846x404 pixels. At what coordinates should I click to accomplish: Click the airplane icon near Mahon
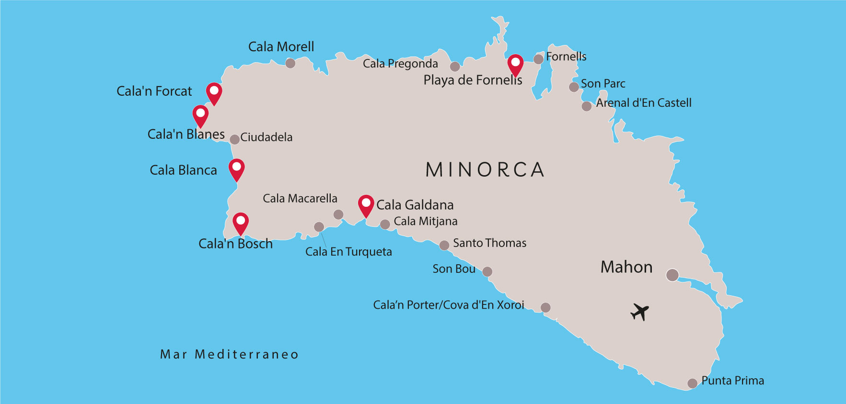pyautogui.click(x=639, y=312)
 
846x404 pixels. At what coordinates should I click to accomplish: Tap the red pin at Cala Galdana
pyautogui.click(x=366, y=205)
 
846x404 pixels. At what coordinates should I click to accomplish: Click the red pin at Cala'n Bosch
pyautogui.click(x=241, y=222)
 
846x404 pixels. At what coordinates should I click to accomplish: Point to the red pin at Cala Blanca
pyautogui.click(x=237, y=168)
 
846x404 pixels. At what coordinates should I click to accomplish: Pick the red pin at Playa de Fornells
pyautogui.click(x=515, y=64)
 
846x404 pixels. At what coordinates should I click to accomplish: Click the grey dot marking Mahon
pyautogui.click(x=672, y=275)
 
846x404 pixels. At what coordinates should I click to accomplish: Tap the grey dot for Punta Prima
pyautogui.click(x=692, y=383)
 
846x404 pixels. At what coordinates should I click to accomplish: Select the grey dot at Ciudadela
pyautogui.click(x=234, y=139)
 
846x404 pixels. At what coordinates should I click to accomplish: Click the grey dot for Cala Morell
pyautogui.click(x=290, y=63)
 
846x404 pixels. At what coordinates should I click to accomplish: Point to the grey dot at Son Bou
pyautogui.click(x=487, y=272)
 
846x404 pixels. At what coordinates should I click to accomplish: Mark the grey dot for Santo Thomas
pyautogui.click(x=444, y=245)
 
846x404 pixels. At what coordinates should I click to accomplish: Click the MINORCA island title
pyautogui.click(x=485, y=170)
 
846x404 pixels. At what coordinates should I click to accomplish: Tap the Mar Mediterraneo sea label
pyautogui.click(x=229, y=355)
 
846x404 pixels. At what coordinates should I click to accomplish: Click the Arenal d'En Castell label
pyautogui.click(x=643, y=103)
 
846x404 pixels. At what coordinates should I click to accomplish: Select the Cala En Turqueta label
pyautogui.click(x=348, y=252)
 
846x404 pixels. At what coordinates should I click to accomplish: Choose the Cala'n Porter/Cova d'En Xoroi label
pyautogui.click(x=449, y=305)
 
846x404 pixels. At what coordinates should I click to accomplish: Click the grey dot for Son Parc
pyautogui.click(x=574, y=87)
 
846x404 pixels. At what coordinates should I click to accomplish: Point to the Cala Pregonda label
pyautogui.click(x=400, y=64)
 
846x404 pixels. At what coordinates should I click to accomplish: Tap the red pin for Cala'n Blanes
pyautogui.click(x=200, y=115)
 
